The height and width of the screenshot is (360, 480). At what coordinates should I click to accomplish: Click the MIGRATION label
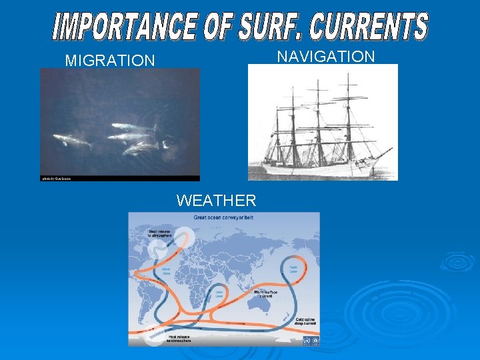tap(109, 61)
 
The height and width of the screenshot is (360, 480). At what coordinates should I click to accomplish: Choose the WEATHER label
tap(216, 200)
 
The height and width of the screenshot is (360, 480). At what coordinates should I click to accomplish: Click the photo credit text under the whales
tap(56, 179)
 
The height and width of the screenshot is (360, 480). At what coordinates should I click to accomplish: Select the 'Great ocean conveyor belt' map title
tap(224, 217)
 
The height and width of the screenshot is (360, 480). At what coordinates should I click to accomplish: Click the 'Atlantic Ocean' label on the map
tap(163, 271)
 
